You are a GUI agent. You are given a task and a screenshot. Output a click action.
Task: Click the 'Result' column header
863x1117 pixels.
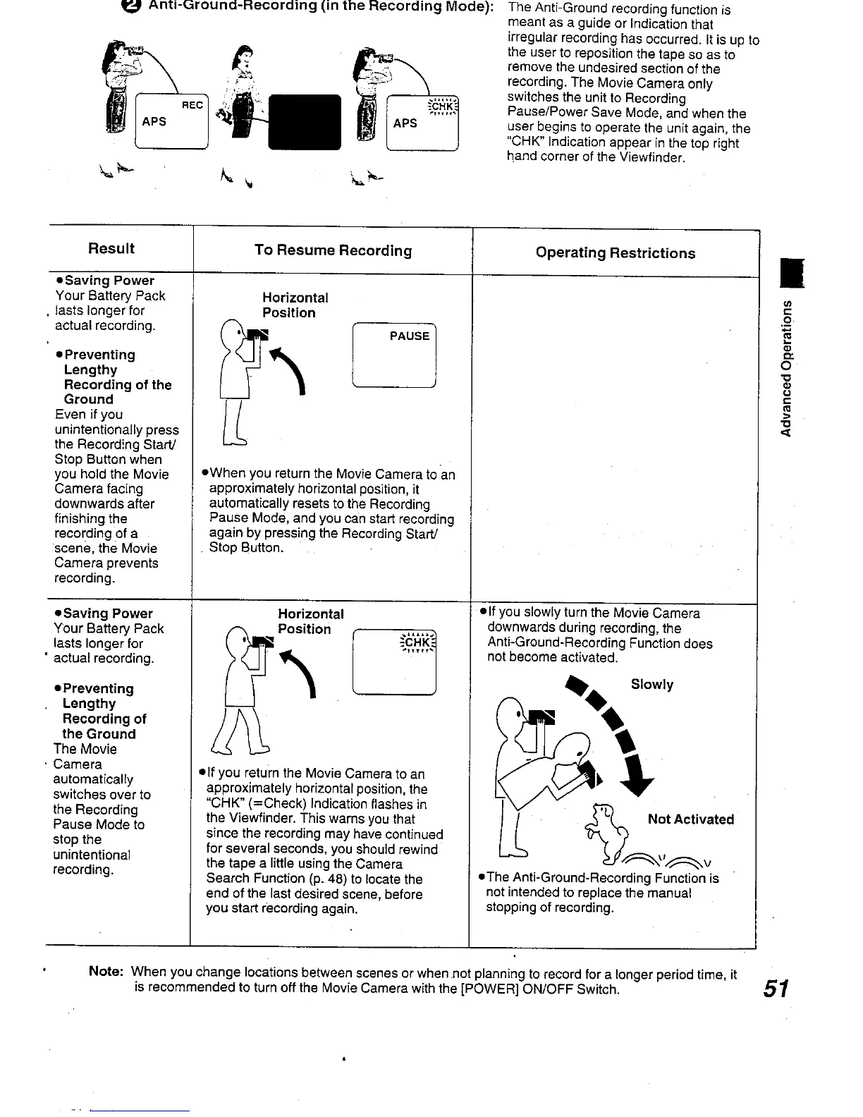point(111,248)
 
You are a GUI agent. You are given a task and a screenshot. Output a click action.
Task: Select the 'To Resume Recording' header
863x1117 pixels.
point(333,250)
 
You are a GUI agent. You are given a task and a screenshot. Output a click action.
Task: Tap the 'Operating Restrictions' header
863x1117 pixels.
point(615,253)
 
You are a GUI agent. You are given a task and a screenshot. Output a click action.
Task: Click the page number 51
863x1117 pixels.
point(775,989)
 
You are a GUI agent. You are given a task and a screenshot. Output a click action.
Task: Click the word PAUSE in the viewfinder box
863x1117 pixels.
point(409,336)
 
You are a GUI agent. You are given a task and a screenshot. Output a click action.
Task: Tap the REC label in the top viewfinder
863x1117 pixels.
point(192,105)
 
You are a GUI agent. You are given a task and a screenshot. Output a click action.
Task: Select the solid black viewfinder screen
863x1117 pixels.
point(305,123)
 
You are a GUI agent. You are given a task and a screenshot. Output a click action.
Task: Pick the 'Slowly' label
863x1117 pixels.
point(652,685)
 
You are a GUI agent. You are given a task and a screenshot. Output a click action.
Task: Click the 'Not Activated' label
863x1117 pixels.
point(690,819)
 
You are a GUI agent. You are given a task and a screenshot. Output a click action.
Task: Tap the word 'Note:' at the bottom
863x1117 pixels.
point(106,972)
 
